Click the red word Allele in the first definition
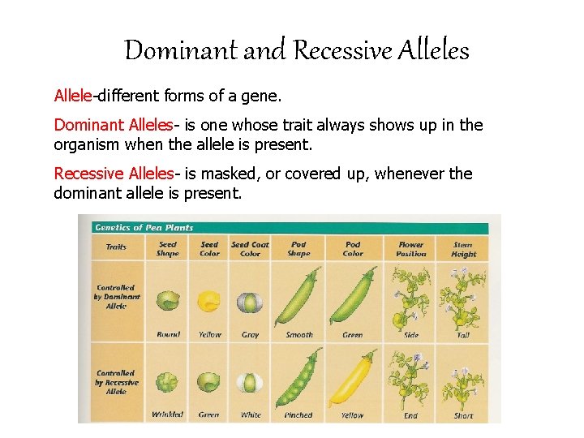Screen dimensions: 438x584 (73, 97)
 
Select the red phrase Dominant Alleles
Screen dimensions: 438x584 (113, 125)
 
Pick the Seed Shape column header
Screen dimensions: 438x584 (168, 248)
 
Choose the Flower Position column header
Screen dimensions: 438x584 (410, 248)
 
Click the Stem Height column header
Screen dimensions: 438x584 (463, 248)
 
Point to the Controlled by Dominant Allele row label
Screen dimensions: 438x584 (117, 297)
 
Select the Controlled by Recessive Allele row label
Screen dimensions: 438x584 (117, 382)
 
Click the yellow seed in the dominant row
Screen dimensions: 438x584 (209, 301)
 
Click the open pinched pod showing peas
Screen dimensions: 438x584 (298, 378)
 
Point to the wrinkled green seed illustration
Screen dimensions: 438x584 (168, 381)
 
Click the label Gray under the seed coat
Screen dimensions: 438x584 (251, 335)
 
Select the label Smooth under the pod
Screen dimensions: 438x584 (298, 335)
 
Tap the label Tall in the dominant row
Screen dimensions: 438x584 (463, 335)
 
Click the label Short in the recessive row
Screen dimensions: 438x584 (463, 415)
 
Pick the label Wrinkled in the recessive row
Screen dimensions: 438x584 (168, 415)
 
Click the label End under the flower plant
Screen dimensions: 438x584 (410, 415)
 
